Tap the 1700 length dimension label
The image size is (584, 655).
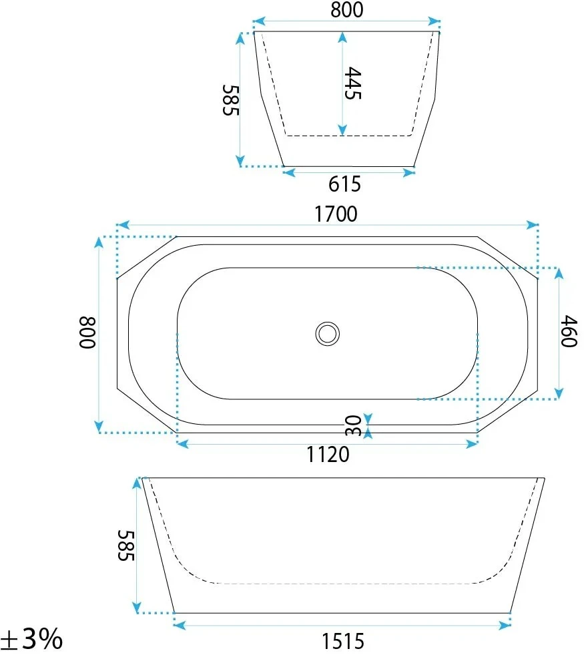coord(336,214)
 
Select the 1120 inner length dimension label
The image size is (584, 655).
coord(328,454)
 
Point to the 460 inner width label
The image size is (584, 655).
coord(569,331)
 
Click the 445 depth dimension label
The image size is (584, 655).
coord(353,83)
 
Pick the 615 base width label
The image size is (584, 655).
coord(344,184)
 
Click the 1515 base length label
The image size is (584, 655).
coord(342,641)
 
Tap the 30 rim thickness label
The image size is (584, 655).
coord(354,425)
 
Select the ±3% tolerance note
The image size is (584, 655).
coord(31,639)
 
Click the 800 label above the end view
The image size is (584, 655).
coord(347,9)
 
